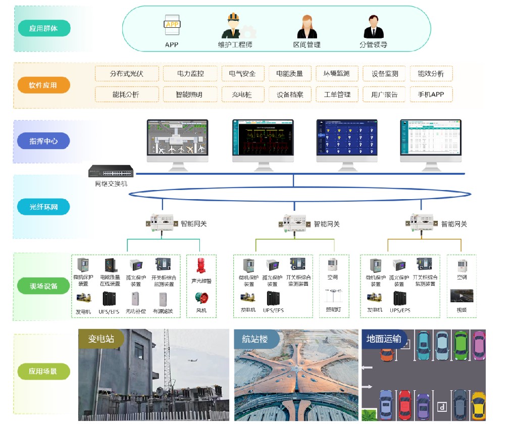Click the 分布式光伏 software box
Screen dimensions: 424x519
tap(127, 74)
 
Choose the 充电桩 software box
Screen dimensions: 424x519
tap(242, 95)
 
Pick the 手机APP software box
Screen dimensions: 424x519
tap(431, 95)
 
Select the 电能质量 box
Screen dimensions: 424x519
tap(290, 74)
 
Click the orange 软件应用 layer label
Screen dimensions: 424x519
tap(43, 85)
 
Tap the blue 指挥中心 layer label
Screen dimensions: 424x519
tap(43, 141)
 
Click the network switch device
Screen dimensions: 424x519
tap(111, 172)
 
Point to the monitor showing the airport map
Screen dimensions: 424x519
tap(177, 139)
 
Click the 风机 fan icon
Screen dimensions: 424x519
tap(201, 299)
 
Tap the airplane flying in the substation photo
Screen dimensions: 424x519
tap(192, 360)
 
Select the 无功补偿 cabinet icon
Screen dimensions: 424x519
tap(135, 299)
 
